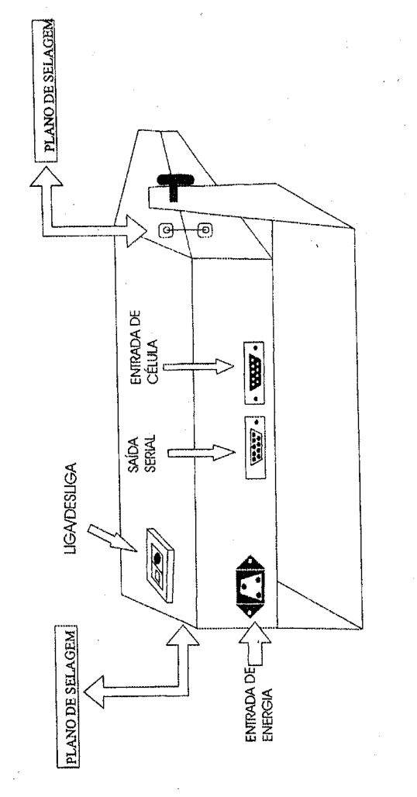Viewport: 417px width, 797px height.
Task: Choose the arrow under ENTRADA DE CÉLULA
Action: pyautogui.click(x=198, y=367)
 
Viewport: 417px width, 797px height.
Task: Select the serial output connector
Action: pyautogui.click(x=254, y=447)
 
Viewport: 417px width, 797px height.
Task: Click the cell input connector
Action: pyautogui.click(x=253, y=373)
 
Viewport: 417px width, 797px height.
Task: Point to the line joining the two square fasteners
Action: pyautogui.click(x=185, y=231)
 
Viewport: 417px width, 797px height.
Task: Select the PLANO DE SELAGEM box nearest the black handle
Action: pyautogui.click(x=47, y=91)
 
